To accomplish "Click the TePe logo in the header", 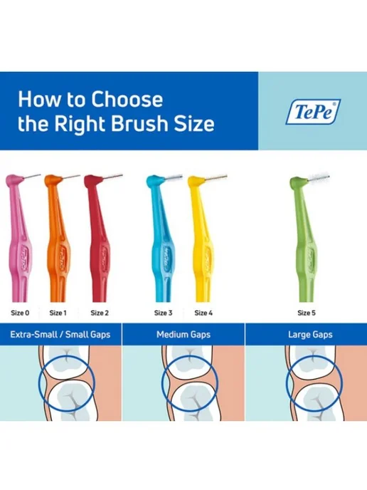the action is (313, 112).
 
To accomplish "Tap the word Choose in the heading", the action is (127, 100).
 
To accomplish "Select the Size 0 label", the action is (21, 313).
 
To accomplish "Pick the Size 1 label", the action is (58, 313).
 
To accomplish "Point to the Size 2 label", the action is (100, 313).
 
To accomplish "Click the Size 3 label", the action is (163, 313).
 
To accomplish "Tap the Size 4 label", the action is (203, 313).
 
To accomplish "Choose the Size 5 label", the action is (307, 313).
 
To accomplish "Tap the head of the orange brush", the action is (53, 180).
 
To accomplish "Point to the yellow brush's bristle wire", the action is (216, 177).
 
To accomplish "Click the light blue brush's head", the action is (155, 181).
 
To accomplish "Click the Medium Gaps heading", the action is (183, 335).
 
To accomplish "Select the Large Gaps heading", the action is (310, 335).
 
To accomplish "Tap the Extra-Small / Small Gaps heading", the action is (60, 335).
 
